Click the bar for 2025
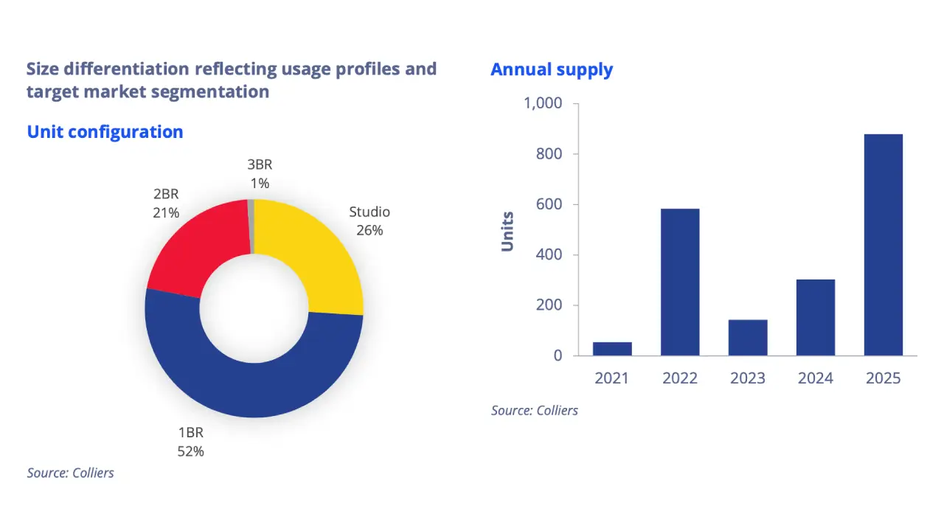[883, 245]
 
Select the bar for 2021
[612, 349]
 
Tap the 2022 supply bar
[680, 282]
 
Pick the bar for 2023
[748, 338]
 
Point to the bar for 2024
[815, 317]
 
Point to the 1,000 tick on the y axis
[542, 104]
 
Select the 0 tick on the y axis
[558, 356]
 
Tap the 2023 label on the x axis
[748, 378]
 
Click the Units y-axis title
[507, 232]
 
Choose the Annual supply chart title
[551, 70]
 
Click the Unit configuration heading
[105, 132]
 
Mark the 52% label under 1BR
[190, 451]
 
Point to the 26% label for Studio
[369, 230]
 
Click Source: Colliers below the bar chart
[534, 411]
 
